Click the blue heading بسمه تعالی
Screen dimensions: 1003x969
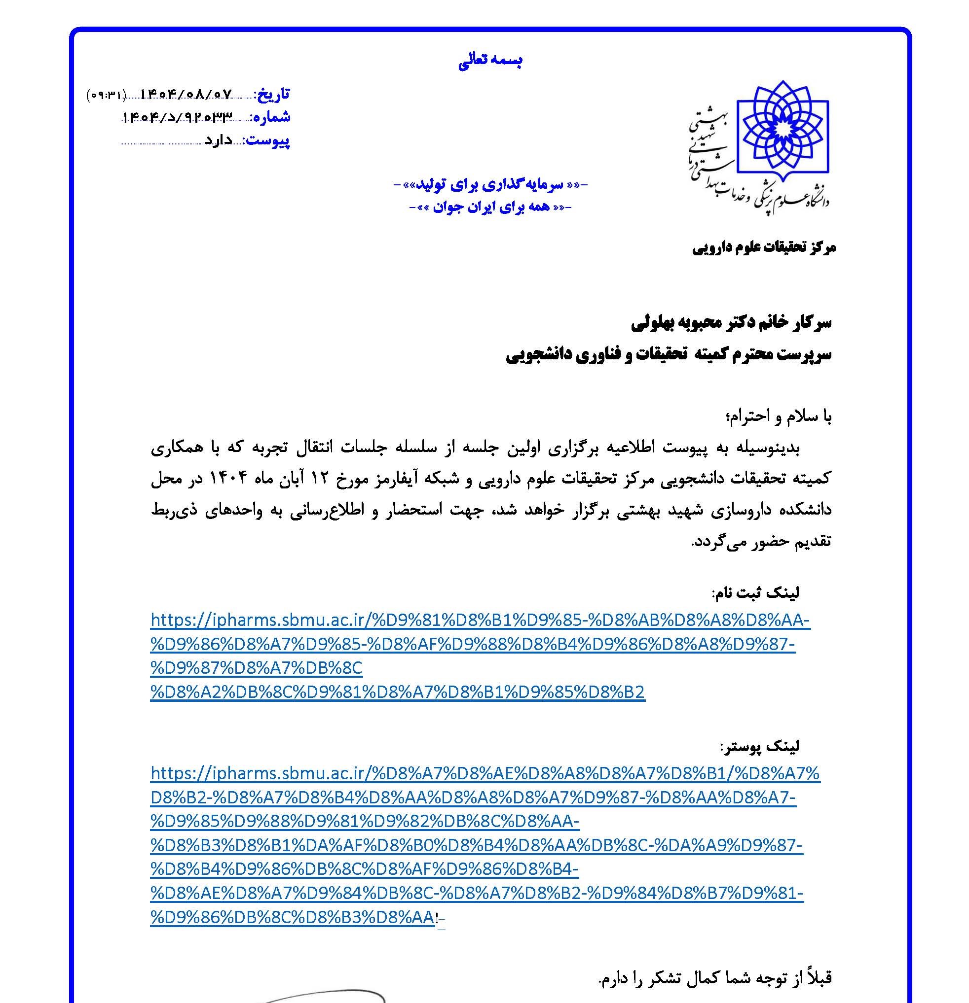pyautogui.click(x=490, y=61)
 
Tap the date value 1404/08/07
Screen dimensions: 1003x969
pyautogui.click(x=186, y=94)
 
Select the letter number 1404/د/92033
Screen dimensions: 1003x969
pyautogui.click(x=177, y=117)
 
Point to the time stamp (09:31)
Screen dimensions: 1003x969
pyautogui.click(x=106, y=95)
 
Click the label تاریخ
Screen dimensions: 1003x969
pyautogui.click(x=272, y=94)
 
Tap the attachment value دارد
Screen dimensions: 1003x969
pyautogui.click(x=219, y=140)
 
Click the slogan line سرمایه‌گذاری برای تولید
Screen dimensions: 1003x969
pyautogui.click(x=490, y=185)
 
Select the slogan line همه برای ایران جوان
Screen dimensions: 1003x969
pyautogui.click(x=490, y=207)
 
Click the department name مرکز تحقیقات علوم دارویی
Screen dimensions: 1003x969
pyautogui.click(x=764, y=248)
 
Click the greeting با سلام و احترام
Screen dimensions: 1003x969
pyautogui.click(x=779, y=417)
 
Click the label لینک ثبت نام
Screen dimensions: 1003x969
pyautogui.click(x=755, y=593)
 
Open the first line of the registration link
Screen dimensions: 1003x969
pyautogui.click(x=480, y=621)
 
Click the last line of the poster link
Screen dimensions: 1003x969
pyautogui.click(x=293, y=918)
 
